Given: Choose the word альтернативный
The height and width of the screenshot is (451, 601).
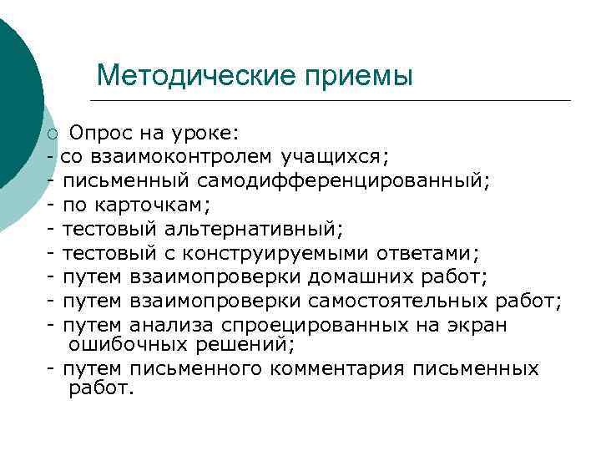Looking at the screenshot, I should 255,228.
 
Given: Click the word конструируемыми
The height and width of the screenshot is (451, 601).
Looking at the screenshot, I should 272,252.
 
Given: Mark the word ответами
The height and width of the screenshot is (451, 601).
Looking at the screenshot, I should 425,252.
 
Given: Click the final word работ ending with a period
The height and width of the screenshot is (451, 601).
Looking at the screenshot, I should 97,388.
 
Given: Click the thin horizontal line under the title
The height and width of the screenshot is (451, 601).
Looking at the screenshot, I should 334,101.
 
